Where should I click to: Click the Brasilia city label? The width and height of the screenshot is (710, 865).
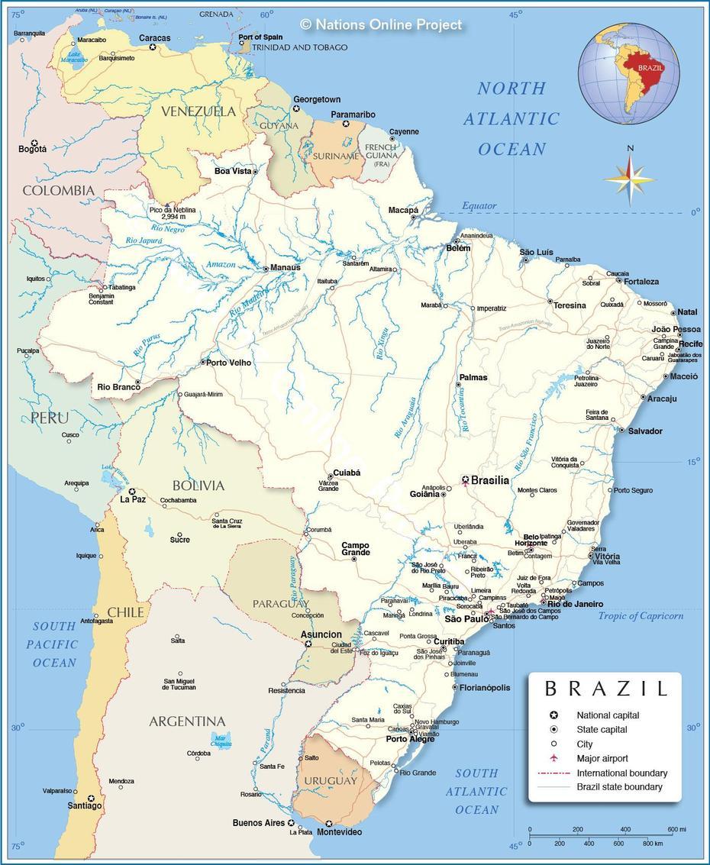point(490,480)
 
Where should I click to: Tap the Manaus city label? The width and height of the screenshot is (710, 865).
point(286,268)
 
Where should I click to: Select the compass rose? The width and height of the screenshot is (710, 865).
point(629,179)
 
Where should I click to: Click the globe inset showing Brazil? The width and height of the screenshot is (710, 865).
point(629,73)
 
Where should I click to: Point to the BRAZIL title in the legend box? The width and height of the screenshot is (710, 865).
point(605,689)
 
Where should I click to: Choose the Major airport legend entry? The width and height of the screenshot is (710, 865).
point(602,758)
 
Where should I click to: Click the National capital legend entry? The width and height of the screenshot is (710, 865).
point(608,715)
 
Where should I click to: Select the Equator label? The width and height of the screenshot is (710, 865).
point(479,206)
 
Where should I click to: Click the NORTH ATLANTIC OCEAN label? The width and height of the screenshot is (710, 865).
point(512,119)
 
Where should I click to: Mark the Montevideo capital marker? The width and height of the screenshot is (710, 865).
point(329,824)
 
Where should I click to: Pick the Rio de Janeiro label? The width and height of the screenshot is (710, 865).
point(575,604)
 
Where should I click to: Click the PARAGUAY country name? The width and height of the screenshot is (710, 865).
point(281,604)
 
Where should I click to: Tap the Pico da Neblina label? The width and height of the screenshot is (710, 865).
point(173,213)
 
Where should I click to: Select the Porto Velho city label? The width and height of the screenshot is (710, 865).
point(229,363)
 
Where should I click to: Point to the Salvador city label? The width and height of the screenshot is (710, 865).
point(645,431)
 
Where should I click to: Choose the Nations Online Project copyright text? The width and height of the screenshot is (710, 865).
point(381,25)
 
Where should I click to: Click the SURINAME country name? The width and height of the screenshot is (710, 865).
point(335,156)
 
